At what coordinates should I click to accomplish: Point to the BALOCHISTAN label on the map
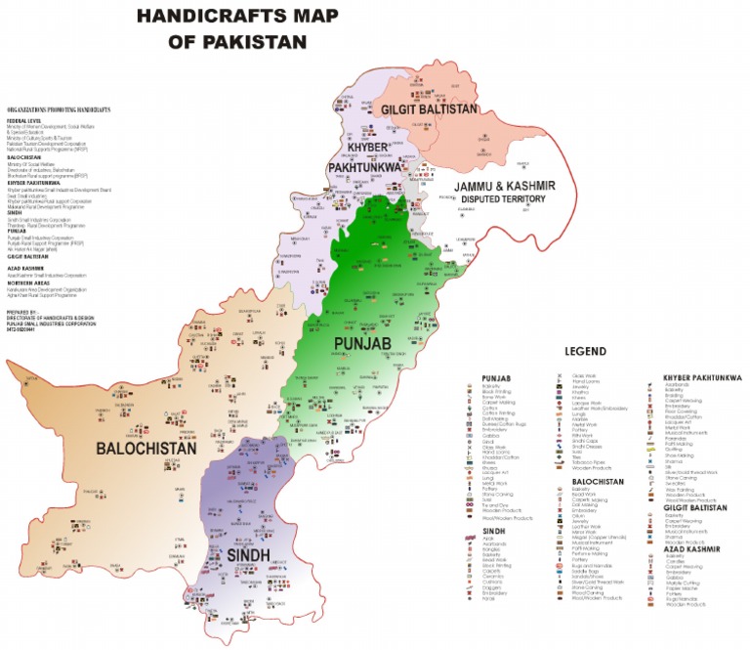tap(146, 448)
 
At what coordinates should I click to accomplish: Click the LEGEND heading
tap(585, 351)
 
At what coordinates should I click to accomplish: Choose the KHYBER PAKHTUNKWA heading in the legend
tap(702, 377)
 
